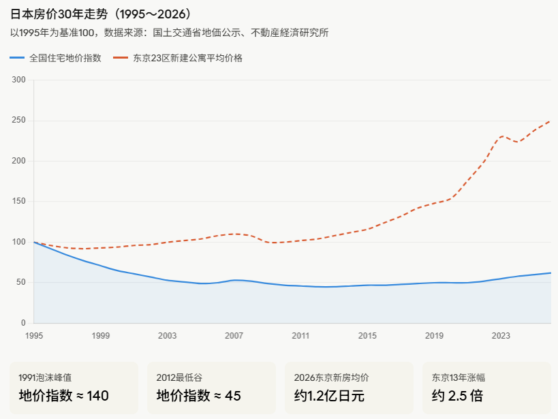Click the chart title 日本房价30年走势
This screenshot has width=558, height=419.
[x=59, y=14]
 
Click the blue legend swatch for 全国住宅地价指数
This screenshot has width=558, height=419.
[x=17, y=58]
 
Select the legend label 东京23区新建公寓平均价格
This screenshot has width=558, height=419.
[x=187, y=58]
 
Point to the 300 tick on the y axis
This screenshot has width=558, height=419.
[x=19, y=80]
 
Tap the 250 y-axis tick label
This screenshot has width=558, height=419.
[x=19, y=121]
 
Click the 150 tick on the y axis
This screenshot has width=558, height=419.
[x=19, y=201]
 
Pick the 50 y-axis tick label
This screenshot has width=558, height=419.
[x=21, y=282]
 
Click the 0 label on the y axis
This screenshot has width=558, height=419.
[x=23, y=323]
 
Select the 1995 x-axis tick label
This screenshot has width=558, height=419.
[x=34, y=336]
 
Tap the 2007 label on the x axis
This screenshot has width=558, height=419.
[x=234, y=336]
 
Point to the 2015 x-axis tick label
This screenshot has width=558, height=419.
[x=367, y=336]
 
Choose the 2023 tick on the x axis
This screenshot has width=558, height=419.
[x=501, y=336]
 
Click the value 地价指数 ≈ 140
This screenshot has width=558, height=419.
[x=63, y=396]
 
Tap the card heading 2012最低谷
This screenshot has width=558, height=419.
[x=179, y=377]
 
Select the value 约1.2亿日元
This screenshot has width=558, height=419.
[x=329, y=396]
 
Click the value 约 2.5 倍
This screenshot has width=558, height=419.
[x=457, y=396]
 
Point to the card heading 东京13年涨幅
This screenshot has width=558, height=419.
[x=459, y=377]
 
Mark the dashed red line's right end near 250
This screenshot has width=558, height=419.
[x=551, y=121]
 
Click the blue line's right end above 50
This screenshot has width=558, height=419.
[x=551, y=273]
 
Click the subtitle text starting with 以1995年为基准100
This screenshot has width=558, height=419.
[x=170, y=33]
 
